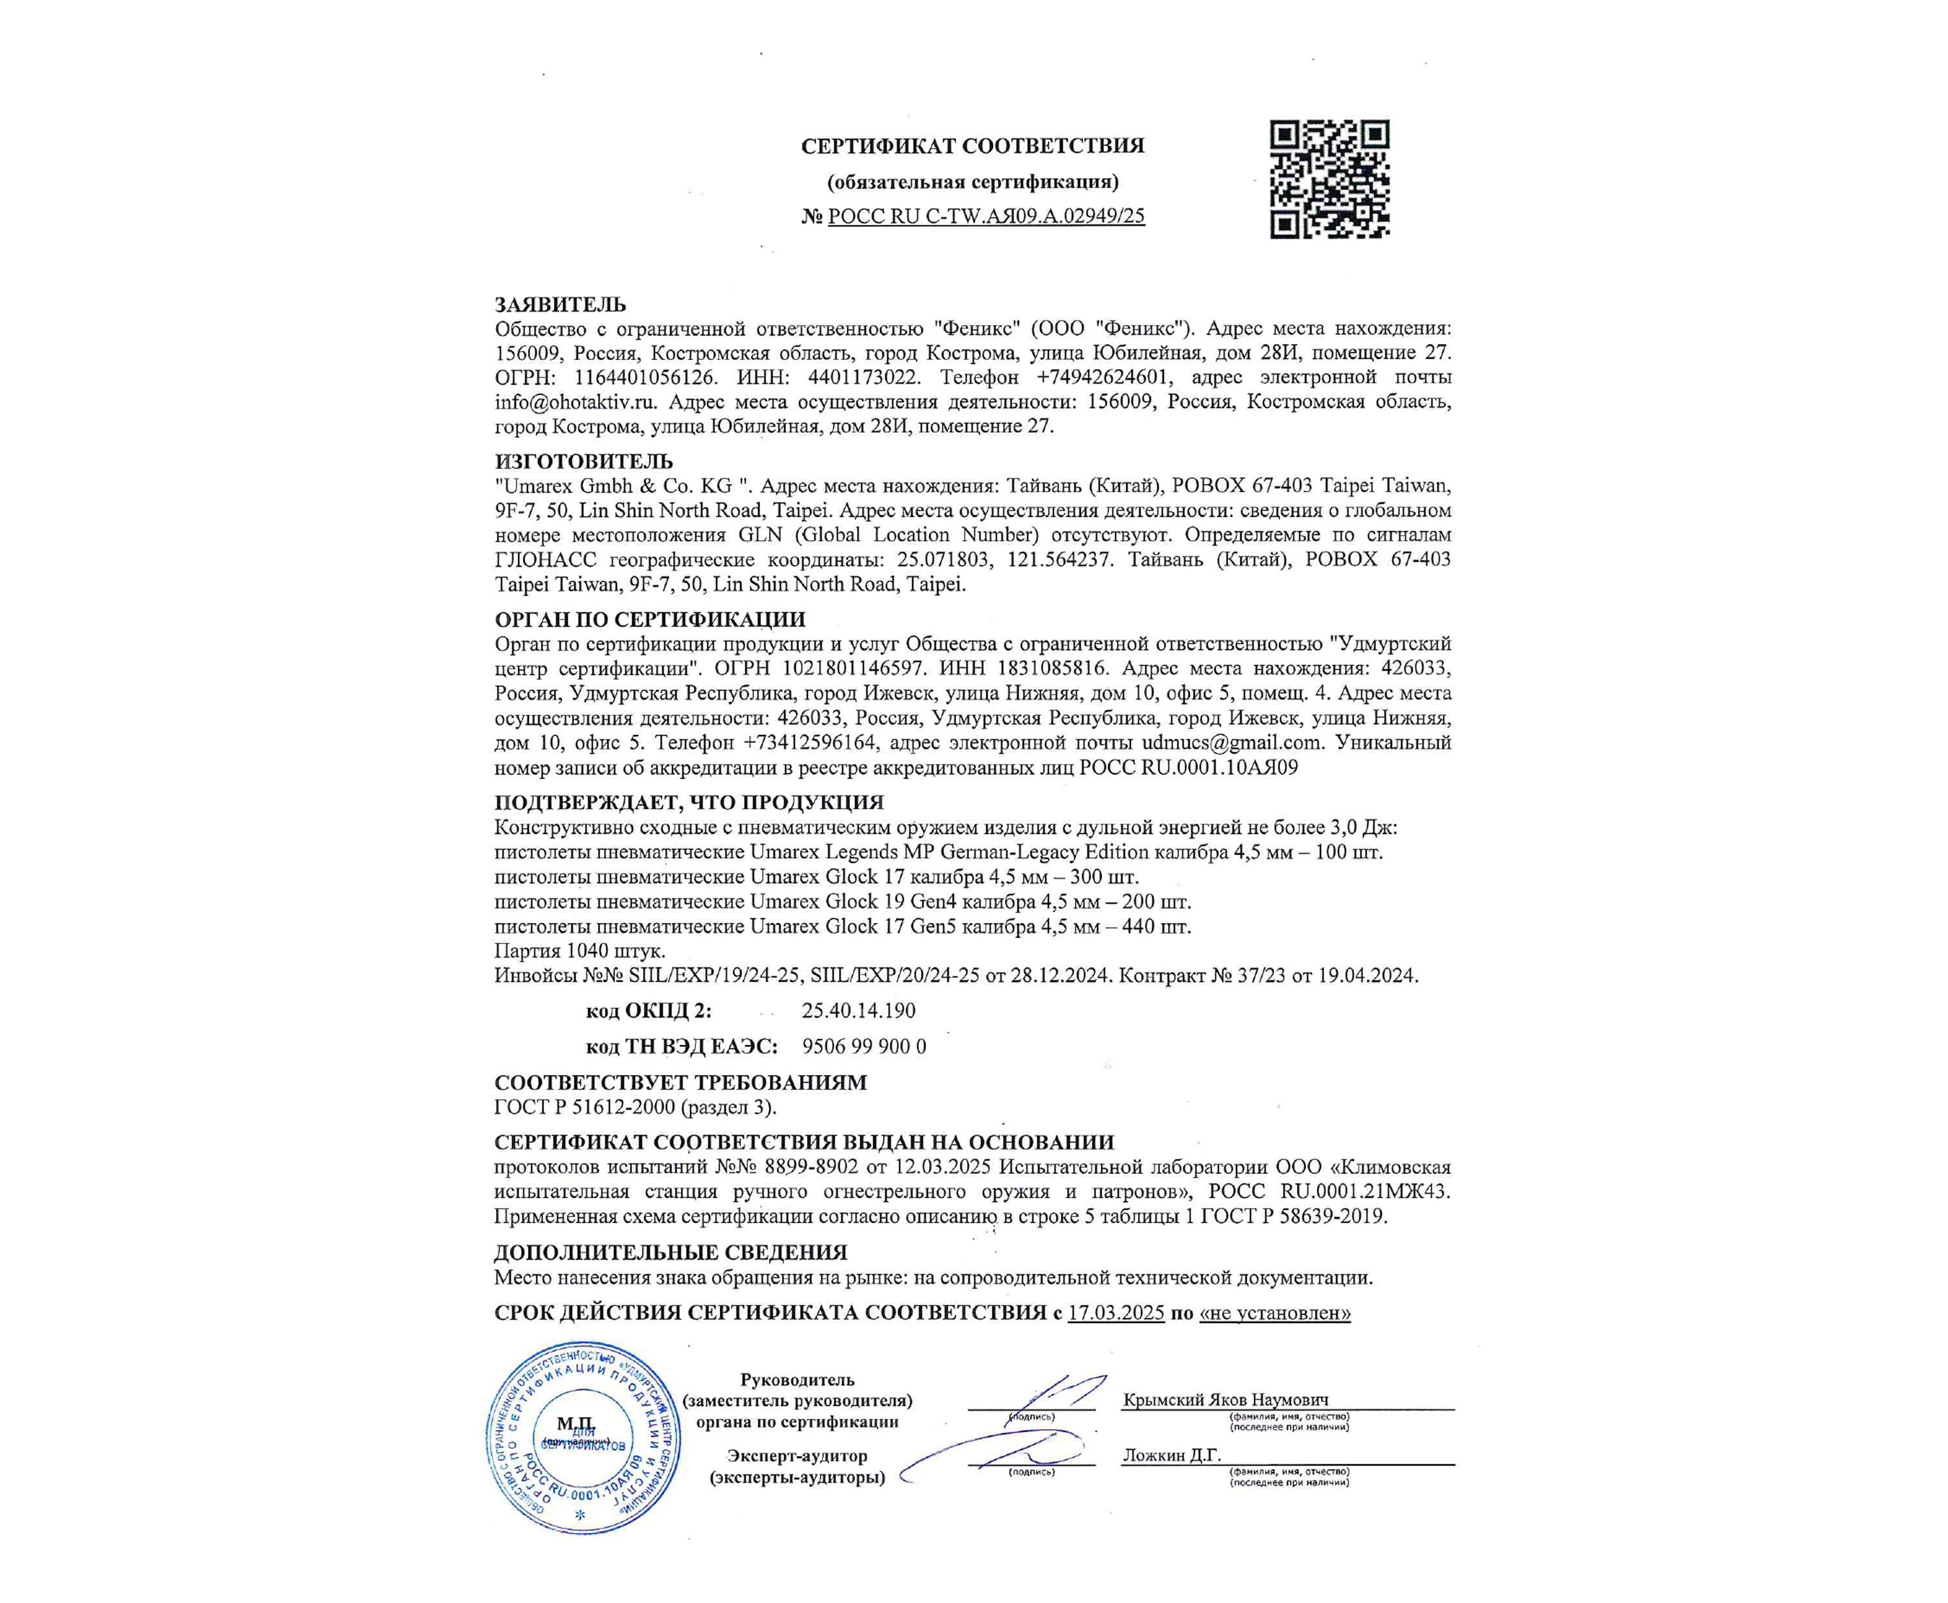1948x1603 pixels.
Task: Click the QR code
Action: point(1330,179)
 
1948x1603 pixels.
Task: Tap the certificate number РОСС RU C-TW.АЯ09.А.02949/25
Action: point(986,216)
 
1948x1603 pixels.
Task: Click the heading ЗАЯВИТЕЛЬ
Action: point(560,305)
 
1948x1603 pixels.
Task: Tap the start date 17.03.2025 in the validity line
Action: point(1115,1313)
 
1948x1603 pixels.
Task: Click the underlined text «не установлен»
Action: point(1274,1313)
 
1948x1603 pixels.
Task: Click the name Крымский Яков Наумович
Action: point(1225,1400)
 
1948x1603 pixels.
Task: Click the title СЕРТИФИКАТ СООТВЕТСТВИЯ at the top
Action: point(972,146)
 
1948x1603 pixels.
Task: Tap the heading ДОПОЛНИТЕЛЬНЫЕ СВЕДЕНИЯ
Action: point(670,1253)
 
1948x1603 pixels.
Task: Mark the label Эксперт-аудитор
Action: point(796,1456)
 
